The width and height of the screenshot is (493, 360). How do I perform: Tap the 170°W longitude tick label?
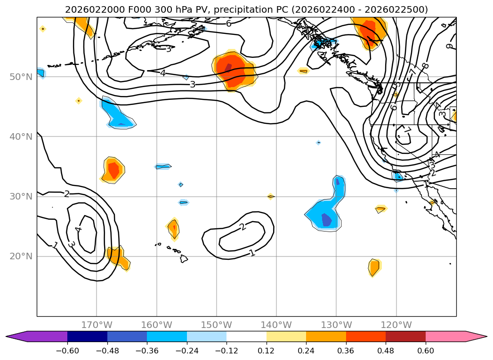pos(97,325)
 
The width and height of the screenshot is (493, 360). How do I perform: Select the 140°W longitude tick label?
pos(276,325)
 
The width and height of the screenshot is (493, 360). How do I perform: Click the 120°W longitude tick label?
pos(396,325)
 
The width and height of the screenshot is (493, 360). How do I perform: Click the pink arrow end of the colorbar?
pos(478,336)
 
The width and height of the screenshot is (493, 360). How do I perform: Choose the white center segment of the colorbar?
pos(246,336)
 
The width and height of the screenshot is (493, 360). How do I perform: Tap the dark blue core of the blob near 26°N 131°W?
pos(326,219)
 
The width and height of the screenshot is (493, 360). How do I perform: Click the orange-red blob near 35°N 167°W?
pos(113,169)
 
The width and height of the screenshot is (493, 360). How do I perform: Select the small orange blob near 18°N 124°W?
pos(374,268)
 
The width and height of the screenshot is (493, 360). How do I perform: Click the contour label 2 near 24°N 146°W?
pos(242,227)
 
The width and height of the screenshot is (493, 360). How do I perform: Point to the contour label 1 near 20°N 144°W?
pos(252,253)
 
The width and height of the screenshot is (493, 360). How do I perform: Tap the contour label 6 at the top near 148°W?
pos(228,23)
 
